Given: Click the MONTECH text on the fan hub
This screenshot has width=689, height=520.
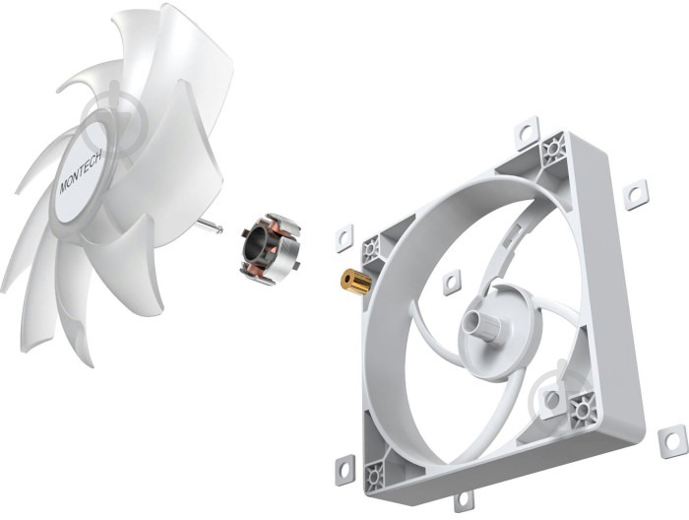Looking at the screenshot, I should click(x=80, y=167).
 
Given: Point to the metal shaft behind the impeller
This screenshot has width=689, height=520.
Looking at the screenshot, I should click(x=209, y=227).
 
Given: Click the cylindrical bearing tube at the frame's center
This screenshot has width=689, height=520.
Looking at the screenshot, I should click(x=483, y=323).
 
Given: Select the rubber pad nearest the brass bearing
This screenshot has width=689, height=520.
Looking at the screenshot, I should click(x=344, y=237).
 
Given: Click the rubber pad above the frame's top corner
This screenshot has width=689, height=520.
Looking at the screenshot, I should click(x=528, y=131).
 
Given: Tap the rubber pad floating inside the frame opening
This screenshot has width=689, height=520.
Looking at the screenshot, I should click(x=452, y=283).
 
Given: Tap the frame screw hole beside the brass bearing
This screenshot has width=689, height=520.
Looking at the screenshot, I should click(x=372, y=249).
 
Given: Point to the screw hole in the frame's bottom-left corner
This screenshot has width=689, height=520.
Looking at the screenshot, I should click(x=376, y=480).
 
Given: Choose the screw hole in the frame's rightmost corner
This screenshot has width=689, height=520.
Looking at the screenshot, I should click(x=583, y=405).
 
